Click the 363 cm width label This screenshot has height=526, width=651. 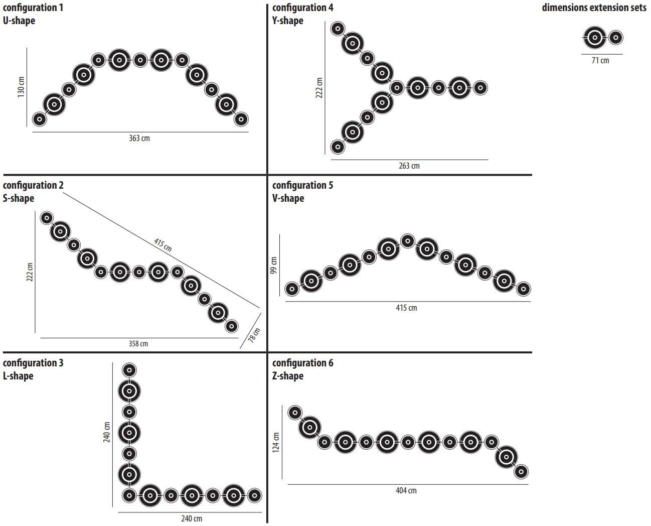pos(139,138)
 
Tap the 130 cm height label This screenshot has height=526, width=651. pos(21,87)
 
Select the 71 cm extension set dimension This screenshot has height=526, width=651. pos(600,60)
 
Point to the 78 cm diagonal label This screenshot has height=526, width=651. pos(255,335)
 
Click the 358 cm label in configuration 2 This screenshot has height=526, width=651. pos(138,344)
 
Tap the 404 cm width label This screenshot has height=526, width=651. pos(406,490)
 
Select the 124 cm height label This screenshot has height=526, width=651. pos(276,443)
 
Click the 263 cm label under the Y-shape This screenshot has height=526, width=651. pos(409,166)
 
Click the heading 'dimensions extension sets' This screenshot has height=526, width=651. pos(594,8)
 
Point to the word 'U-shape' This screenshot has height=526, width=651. pos(19,21)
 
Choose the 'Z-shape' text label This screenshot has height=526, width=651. pos(288,376)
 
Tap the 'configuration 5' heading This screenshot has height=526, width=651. pos(302,185)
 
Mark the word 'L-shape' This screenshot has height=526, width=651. pos(18,376)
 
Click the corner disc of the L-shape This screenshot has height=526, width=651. pos(129,495)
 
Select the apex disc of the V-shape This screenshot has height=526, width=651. pos(408,241)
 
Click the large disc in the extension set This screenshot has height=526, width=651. pos(595,37)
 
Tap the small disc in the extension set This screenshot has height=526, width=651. pos(616,37)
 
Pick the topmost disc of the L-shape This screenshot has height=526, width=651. pos(129,370)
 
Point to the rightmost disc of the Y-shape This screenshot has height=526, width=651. pos(480,88)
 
